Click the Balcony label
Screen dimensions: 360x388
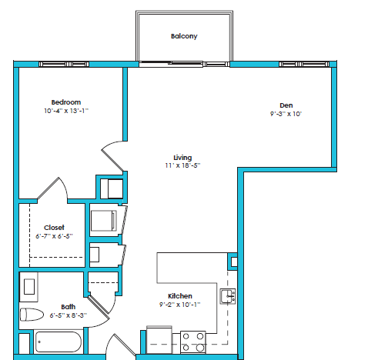click(184, 36)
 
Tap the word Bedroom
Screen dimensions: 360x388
click(66, 102)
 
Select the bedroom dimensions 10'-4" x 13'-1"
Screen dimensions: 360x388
click(66, 112)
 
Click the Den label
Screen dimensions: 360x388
click(286, 105)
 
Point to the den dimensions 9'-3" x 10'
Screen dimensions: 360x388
click(286, 114)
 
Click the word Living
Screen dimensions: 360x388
click(182, 157)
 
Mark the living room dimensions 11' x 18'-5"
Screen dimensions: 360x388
click(182, 165)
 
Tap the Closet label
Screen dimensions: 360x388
click(54, 227)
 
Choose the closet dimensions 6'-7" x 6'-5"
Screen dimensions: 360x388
click(54, 235)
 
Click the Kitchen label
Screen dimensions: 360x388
click(180, 296)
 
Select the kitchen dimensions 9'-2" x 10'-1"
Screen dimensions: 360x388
click(180, 305)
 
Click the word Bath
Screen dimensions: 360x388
click(69, 306)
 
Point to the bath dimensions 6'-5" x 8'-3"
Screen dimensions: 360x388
click(69, 315)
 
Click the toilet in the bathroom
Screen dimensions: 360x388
click(33, 314)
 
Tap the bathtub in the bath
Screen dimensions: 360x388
click(57, 341)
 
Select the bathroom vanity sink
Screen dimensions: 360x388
click(29, 287)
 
